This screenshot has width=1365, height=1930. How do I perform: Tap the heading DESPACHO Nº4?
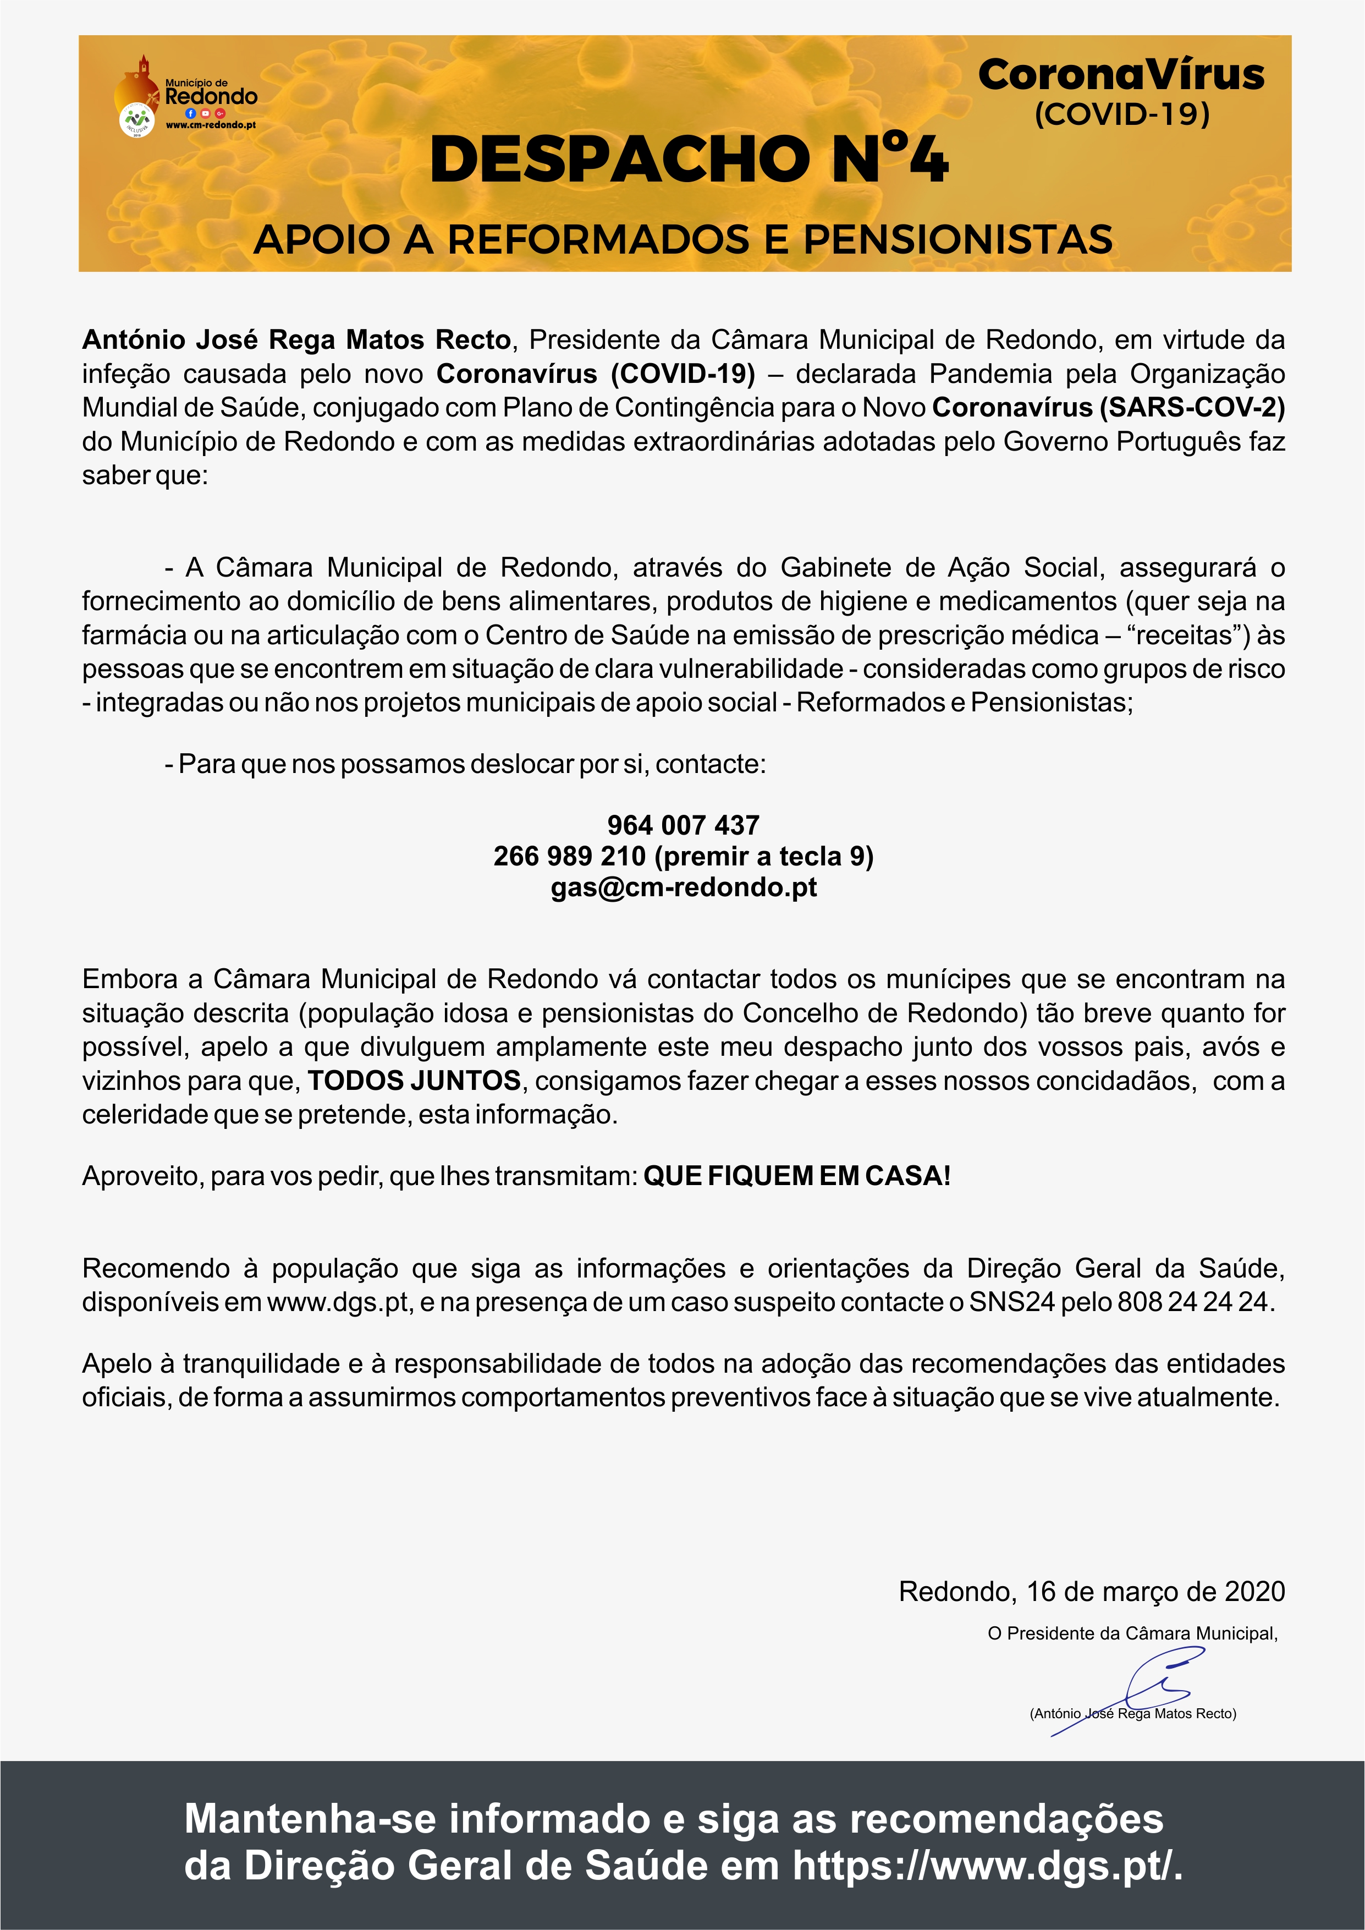point(689,160)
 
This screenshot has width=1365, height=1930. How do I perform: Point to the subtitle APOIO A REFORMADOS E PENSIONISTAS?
point(682,239)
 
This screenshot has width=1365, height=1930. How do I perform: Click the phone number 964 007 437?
point(682,825)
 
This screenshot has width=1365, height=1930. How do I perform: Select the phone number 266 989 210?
point(569,856)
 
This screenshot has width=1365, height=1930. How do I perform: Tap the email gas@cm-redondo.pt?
point(684,887)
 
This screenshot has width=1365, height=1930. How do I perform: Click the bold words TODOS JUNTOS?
point(414,1080)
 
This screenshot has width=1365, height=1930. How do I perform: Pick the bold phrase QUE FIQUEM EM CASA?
point(797,1175)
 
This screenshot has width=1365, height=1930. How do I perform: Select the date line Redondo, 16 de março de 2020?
point(1091,1591)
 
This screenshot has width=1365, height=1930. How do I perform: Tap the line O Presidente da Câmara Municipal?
point(1132,1633)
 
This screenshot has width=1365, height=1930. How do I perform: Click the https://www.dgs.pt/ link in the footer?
point(987,1866)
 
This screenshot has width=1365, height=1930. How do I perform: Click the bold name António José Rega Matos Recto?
point(296,339)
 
